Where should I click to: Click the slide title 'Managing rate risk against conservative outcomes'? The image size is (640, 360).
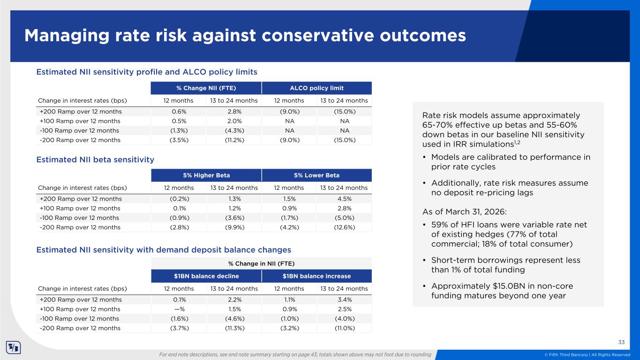(245, 36)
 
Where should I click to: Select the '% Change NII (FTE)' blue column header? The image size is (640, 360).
(206, 88)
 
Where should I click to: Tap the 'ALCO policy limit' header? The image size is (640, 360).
(316, 88)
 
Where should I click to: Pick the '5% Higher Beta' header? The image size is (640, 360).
(206, 175)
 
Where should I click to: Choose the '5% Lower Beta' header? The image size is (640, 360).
(316, 175)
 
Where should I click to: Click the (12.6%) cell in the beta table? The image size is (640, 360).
(344, 227)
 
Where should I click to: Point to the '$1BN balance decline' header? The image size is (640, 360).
(206, 276)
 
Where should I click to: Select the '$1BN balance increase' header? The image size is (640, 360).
(316, 276)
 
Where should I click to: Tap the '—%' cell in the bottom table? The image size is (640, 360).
(179, 309)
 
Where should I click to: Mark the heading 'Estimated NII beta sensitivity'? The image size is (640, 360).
(95, 159)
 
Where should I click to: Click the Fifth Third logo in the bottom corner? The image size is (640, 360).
(13, 348)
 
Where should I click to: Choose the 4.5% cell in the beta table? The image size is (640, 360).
(344, 199)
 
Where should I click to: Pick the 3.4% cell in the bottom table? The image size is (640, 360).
(344, 300)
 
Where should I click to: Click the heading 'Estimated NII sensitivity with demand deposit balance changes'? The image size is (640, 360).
(164, 250)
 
